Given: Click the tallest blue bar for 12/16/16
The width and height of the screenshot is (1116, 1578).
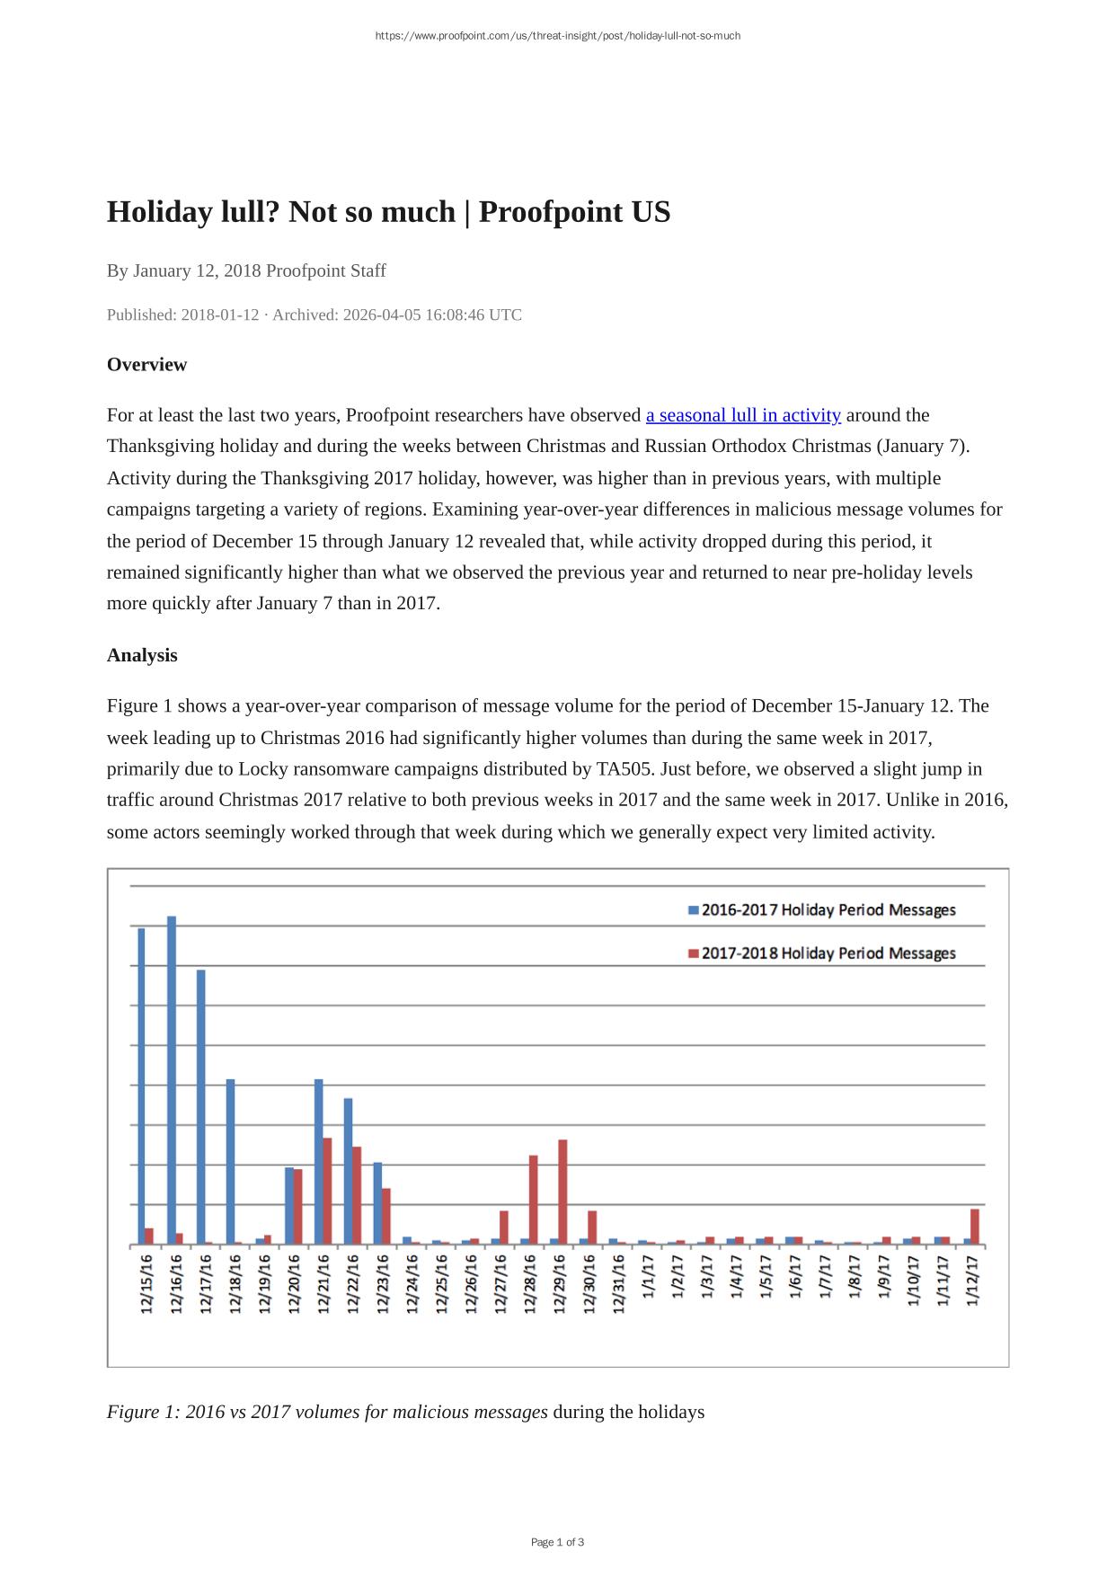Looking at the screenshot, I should [x=172, y=1078].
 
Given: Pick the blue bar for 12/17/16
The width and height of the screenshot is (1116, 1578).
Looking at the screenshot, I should [x=201, y=1106].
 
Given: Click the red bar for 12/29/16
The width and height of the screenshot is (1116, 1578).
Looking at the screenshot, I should [x=563, y=1192].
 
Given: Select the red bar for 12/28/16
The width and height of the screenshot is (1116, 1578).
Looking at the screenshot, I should [x=534, y=1199].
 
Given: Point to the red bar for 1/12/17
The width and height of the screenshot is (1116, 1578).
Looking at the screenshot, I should [x=975, y=1227].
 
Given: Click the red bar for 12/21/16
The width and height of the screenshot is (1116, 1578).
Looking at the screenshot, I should [x=327, y=1191].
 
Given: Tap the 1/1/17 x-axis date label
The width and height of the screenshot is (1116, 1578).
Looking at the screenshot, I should [x=648, y=1275].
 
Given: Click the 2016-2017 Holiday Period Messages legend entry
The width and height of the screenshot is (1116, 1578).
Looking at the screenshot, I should [x=821, y=910].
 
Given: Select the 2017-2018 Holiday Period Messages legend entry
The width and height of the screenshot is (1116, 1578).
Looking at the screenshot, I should [x=821, y=953].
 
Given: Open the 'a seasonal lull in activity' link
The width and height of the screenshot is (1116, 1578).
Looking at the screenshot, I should [x=743, y=415].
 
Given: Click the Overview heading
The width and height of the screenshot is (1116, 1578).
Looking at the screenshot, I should [x=146, y=365].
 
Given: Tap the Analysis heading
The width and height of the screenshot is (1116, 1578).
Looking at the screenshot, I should [x=142, y=655].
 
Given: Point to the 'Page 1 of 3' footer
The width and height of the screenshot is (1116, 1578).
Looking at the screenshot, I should [x=557, y=1542].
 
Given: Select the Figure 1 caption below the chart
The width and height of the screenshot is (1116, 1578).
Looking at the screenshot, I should [x=405, y=1412].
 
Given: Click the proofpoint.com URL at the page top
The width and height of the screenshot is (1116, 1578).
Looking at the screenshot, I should [x=557, y=36].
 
